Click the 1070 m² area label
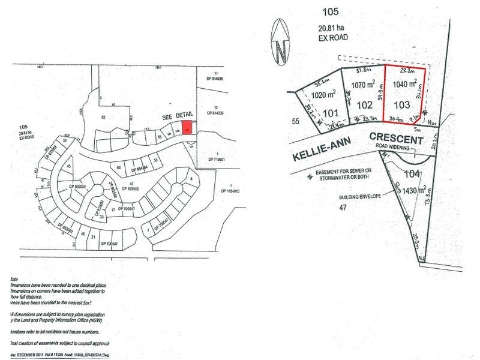tap(364, 86)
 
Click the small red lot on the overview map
tap(187, 127)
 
